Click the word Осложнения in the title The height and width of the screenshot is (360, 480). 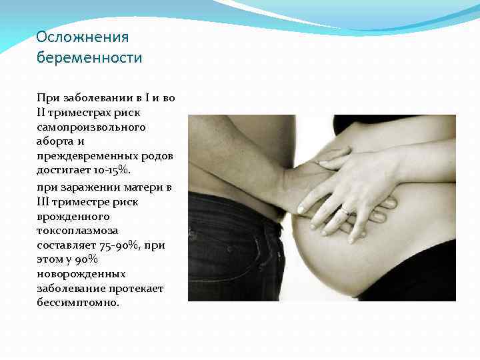[x=82, y=37]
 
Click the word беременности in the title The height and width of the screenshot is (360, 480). [x=89, y=58]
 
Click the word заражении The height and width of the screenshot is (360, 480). [x=91, y=187]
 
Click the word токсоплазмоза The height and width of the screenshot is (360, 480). [x=73, y=231]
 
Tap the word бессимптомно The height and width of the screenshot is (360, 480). [x=78, y=303]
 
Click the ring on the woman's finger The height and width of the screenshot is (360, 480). [x=345, y=211]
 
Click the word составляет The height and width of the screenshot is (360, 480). [x=65, y=246]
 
